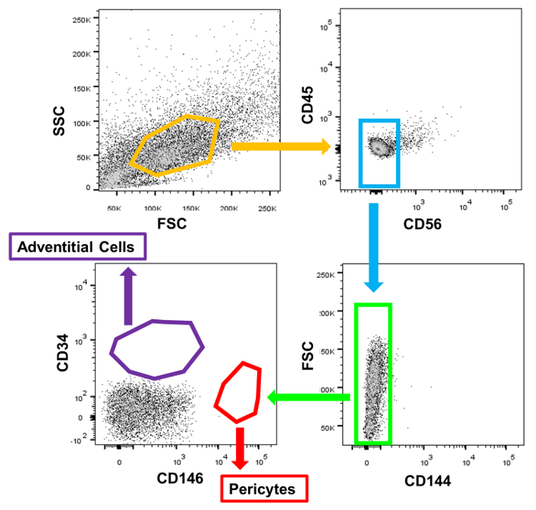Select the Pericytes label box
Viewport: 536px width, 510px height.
click(264, 487)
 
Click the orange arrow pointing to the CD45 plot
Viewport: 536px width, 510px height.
click(280, 145)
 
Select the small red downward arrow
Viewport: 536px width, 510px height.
click(240, 447)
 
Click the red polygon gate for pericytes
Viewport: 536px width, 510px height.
click(239, 391)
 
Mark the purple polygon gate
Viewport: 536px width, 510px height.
click(157, 349)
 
